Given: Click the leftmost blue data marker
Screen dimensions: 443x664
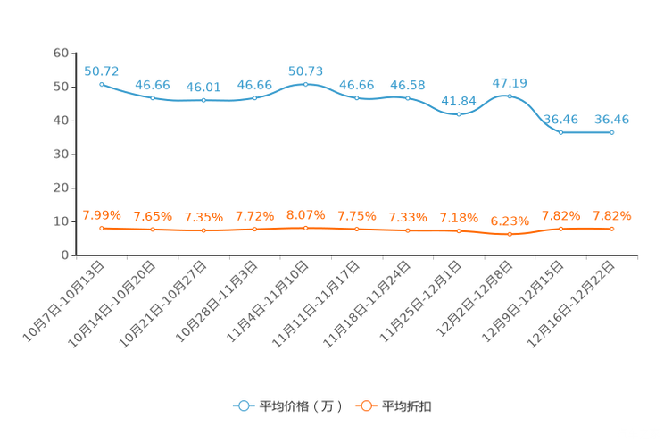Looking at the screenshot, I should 102,84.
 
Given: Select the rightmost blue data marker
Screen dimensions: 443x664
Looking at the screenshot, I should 612,132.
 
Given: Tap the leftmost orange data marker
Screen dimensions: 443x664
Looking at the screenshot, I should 102,229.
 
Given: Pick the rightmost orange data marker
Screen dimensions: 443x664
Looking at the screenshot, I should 612,230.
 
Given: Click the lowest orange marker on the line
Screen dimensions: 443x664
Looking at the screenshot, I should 510,235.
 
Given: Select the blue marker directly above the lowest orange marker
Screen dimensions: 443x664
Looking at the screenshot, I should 510,96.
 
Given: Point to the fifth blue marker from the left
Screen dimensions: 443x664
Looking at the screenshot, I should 306,84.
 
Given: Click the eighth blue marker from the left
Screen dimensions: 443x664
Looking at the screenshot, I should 459,114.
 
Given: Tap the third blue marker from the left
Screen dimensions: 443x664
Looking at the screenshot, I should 204,99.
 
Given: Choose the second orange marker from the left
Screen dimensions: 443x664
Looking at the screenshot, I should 153,230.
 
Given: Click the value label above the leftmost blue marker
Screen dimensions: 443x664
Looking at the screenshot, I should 102,71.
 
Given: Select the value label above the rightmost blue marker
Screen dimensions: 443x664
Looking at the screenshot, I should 612,119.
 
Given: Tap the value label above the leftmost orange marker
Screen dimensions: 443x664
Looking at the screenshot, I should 102,215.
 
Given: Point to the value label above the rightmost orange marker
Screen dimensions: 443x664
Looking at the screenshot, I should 612,215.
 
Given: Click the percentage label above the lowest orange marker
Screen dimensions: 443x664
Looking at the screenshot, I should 510,221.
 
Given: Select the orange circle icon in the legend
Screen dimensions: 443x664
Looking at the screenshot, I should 364,405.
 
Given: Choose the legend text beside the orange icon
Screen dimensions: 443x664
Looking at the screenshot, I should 407,406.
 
